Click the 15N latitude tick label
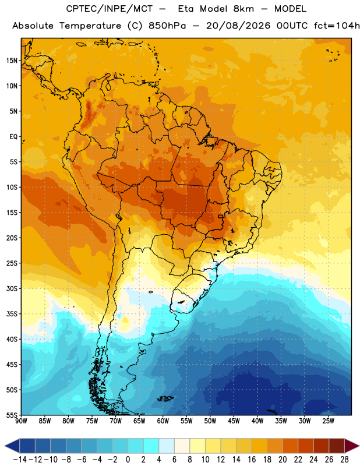tap(12, 61)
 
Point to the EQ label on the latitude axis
tap(13, 137)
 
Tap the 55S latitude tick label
tap(12, 415)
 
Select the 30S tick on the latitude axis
tap(12, 288)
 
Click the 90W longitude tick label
tap(22, 421)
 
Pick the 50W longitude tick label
tap(210, 421)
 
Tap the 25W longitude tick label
tap(328, 421)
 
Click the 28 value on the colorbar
tap(344, 460)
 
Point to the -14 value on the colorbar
tap(20, 460)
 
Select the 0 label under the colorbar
tap(128, 460)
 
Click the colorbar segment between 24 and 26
tap(322, 446)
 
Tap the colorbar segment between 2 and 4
tap(151, 446)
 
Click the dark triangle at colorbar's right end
tap(352, 446)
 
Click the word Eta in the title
tap(186, 9)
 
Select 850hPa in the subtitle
tap(167, 26)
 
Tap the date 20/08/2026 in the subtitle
tap(238, 26)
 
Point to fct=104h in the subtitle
tap(337, 26)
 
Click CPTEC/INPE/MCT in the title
tap(109, 9)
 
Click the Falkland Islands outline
tap(165, 398)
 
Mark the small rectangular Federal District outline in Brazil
tap(221, 217)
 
